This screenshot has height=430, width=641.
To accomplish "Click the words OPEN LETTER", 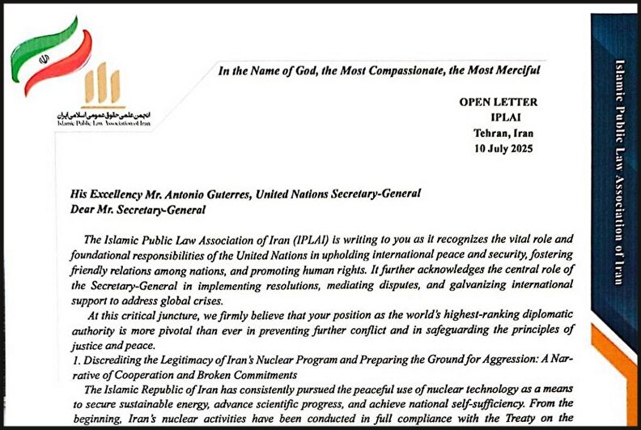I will (x=498, y=102).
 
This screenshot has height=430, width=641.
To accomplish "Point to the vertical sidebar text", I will (x=618, y=170).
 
